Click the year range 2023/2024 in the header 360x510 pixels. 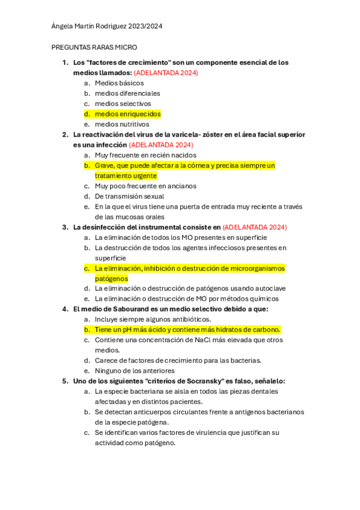pyautogui.click(x=144, y=26)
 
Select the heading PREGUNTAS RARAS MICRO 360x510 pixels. pyautogui.click(x=94, y=47)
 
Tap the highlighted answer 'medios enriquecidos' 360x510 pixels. pyautogui.click(x=127, y=114)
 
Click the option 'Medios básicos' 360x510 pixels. pyautogui.click(x=119, y=83)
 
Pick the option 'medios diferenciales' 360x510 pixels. pyautogui.click(x=127, y=93)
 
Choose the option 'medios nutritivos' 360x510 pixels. pyautogui.click(x=122, y=124)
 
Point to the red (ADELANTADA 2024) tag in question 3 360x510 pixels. pyautogui.click(x=255, y=227)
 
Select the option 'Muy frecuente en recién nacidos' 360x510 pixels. pyautogui.click(x=145, y=155)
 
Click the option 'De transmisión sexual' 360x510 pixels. pyautogui.click(x=129, y=196)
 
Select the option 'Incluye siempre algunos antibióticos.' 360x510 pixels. pyautogui.click(x=153, y=319)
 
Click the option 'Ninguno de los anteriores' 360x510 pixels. pyautogui.click(x=135, y=370)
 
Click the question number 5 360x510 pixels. pyautogui.click(x=65, y=381)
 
